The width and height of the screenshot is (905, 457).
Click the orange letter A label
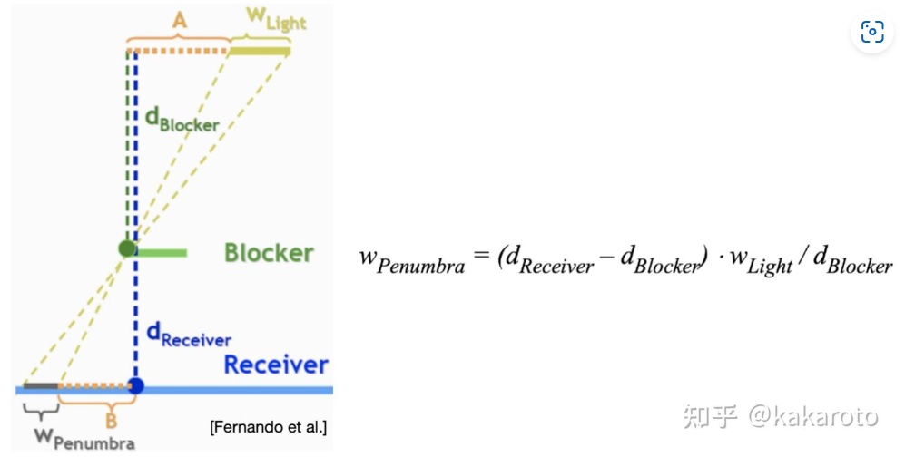180,21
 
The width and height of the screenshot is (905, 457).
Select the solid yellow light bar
259,52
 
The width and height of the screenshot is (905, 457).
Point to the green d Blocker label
182,120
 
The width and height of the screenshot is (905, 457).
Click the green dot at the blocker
127,248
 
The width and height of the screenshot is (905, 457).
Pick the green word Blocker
269,253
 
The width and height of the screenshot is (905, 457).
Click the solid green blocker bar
161,252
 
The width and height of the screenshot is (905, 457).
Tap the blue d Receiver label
189,335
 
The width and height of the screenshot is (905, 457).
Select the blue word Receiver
276,365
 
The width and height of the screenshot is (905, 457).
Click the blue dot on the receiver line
135,385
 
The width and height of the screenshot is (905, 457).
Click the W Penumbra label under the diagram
84,439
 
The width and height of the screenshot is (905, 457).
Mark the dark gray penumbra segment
41,385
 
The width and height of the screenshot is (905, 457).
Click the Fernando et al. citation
269,427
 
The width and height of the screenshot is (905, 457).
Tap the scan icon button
872,32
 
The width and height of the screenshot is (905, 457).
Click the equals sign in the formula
480,256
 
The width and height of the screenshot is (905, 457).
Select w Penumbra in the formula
411,260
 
